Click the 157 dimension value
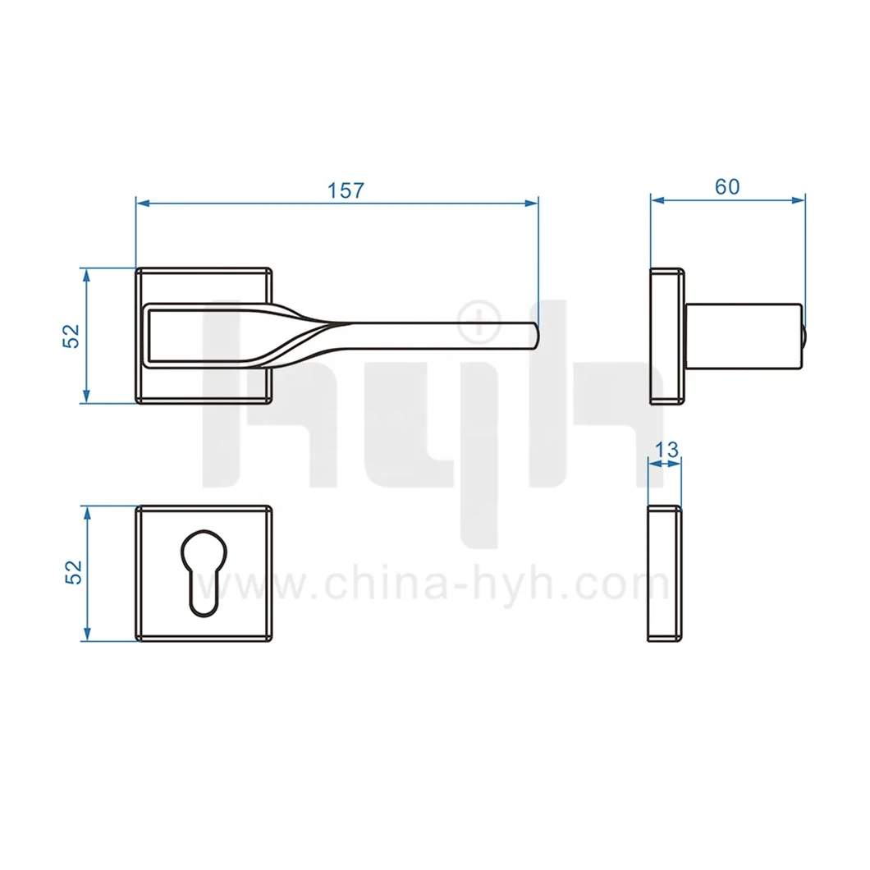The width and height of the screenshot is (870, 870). (x=345, y=190)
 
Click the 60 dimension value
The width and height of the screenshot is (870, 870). (x=726, y=186)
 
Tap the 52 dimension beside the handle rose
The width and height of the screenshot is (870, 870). (x=72, y=335)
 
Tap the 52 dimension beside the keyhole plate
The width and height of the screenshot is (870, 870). (x=72, y=572)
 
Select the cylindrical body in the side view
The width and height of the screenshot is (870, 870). (x=742, y=336)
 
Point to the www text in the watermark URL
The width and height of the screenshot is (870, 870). (x=246, y=586)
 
